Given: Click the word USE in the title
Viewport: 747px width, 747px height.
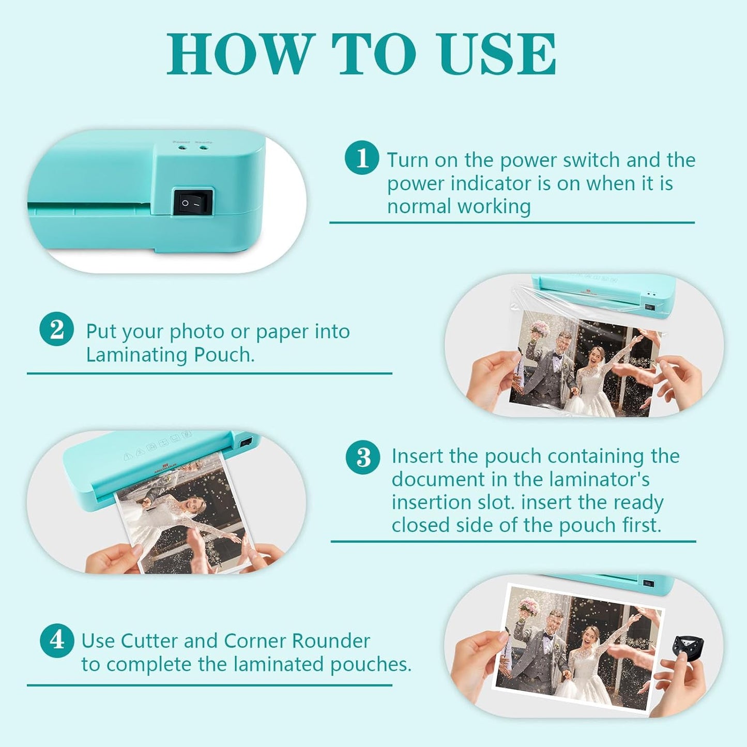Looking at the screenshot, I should click(497, 54).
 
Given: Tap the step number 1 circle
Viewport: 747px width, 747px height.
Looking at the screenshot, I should click(362, 158).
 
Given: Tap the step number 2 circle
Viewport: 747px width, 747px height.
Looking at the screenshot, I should click(56, 329).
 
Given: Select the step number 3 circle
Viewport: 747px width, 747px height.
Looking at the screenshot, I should click(363, 457).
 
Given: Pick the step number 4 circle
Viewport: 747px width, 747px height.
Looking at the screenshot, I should click(57, 641).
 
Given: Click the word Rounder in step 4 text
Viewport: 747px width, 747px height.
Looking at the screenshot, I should click(331, 641).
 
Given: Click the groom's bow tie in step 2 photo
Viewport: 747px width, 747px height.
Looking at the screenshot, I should click(558, 356).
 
